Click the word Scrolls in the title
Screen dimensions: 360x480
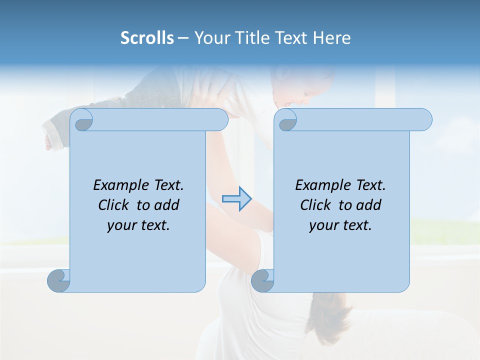tap(147, 38)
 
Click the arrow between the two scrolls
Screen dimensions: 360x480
tap(237, 199)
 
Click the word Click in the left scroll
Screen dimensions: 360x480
tap(109, 205)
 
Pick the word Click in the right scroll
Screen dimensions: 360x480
tap(311, 205)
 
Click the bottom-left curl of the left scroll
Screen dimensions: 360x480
tap(58, 280)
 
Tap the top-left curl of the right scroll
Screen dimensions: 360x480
tap(286, 120)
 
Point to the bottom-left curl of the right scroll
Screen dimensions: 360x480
tap(262, 280)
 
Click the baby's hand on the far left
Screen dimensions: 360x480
tap(48, 142)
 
